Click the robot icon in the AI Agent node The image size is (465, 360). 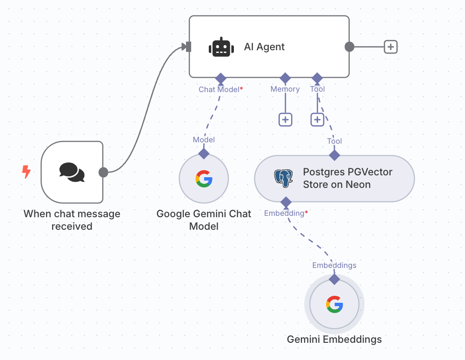click(x=220, y=47)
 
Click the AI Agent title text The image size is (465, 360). click(x=264, y=47)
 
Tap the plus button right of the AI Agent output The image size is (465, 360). click(x=391, y=47)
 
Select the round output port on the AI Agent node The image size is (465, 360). click(x=349, y=47)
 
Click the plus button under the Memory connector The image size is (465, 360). click(x=286, y=120)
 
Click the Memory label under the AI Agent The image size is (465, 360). click(x=285, y=89)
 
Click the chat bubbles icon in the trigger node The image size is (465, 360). click(x=72, y=172)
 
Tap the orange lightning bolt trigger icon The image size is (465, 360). click(x=27, y=172)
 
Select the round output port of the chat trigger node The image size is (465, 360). click(x=103, y=172)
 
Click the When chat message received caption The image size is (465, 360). click(x=72, y=220)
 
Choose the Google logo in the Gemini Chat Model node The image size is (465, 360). click(x=204, y=179)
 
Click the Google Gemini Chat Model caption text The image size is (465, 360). click(x=204, y=220)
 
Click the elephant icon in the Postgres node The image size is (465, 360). click(x=284, y=178)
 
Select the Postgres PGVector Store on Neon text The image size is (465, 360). click(x=348, y=178)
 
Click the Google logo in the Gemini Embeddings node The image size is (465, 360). click(x=334, y=304)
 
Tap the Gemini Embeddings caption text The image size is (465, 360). click(x=334, y=340)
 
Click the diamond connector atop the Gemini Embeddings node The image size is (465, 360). click(x=334, y=279)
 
